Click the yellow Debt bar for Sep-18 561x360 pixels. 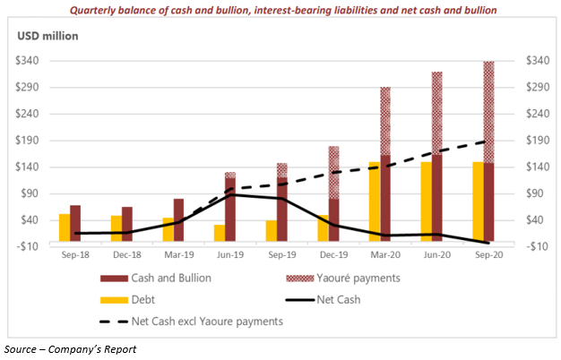tap(65, 227)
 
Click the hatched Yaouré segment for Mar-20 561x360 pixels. tap(385, 121)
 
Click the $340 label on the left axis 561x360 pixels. tap(32, 61)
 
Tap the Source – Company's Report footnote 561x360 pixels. tap(70, 348)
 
